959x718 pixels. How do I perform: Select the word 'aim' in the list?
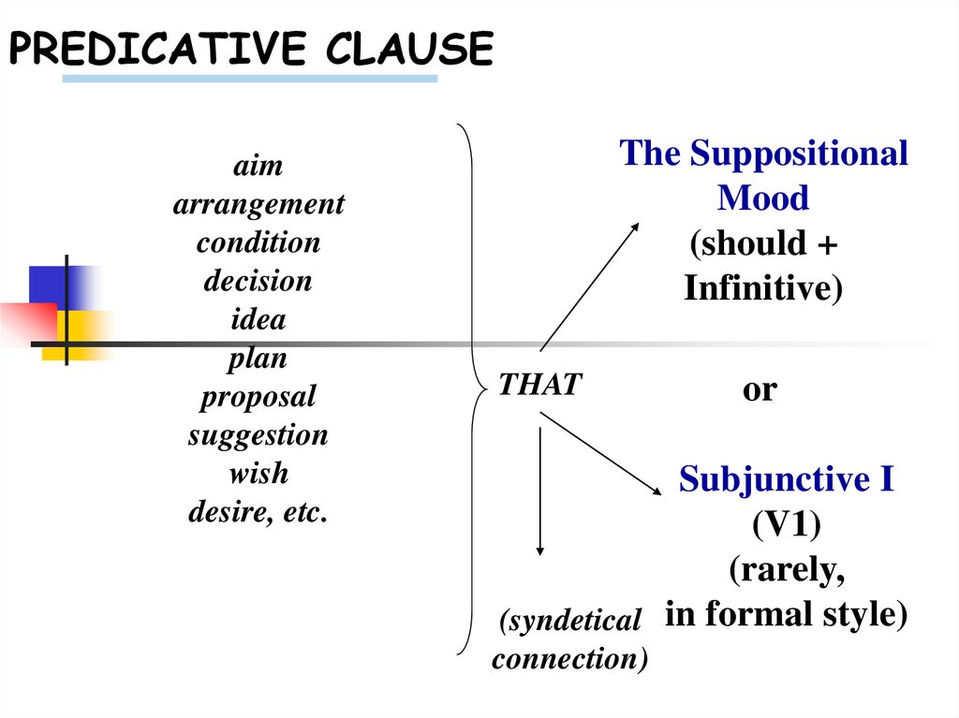[x=258, y=166]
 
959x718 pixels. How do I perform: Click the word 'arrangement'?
[x=258, y=204]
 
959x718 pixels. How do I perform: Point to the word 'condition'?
[x=258, y=242]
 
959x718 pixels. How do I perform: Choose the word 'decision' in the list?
[x=258, y=281]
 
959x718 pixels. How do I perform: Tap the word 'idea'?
[x=258, y=319]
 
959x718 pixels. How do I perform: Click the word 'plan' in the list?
[x=258, y=358]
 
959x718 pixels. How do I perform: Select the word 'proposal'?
[x=258, y=396]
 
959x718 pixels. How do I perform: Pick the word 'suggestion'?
[x=258, y=435]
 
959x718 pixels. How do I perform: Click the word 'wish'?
[x=258, y=474]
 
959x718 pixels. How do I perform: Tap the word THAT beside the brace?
[x=539, y=384]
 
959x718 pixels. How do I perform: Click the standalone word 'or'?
[x=760, y=388]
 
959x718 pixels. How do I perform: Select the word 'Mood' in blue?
[x=763, y=198]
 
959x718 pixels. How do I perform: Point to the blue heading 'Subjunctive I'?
[x=787, y=479]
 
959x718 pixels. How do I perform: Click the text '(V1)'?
[x=787, y=525]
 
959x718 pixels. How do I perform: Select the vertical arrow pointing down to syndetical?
[x=539, y=491]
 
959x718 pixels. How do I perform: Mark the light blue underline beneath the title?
[x=250, y=80]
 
